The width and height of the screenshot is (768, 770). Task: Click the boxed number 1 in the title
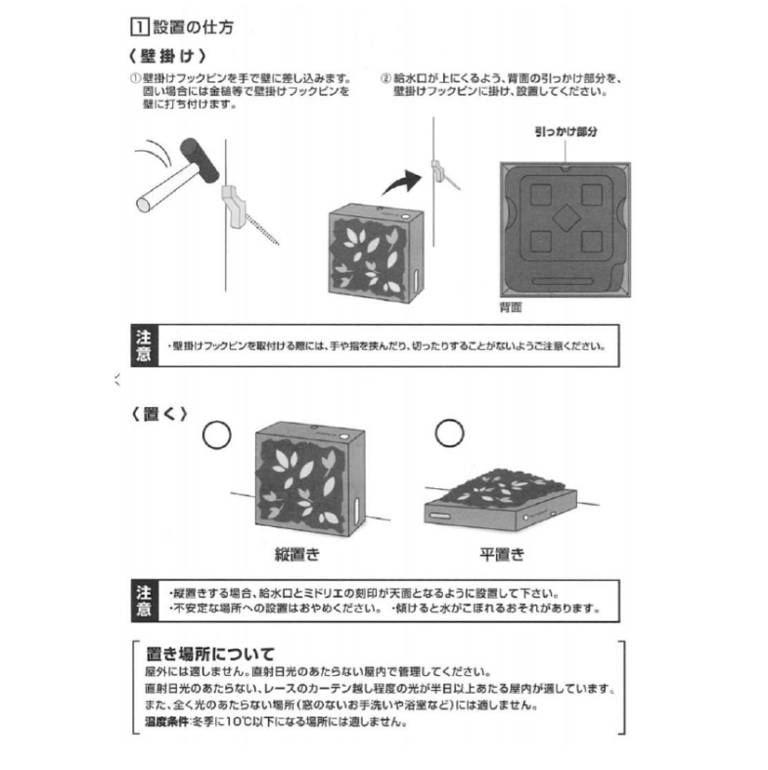pyautogui.click(x=140, y=26)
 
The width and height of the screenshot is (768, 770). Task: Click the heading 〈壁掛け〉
pyautogui.click(x=167, y=56)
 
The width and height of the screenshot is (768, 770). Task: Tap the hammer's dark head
pyautogui.click(x=200, y=159)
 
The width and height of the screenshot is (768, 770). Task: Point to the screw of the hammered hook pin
pyautogui.click(x=262, y=229)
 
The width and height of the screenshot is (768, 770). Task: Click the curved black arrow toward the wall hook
pyautogui.click(x=403, y=182)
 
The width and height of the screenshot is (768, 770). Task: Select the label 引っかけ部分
pyautogui.click(x=565, y=131)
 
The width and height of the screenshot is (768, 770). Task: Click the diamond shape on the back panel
pyautogui.click(x=566, y=218)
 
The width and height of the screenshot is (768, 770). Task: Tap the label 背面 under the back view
pyautogui.click(x=511, y=307)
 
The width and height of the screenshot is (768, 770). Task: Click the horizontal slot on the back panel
pyautogui.click(x=563, y=282)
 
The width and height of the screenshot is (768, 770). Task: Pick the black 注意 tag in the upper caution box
pyautogui.click(x=145, y=345)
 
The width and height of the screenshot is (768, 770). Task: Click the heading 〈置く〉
pyautogui.click(x=159, y=414)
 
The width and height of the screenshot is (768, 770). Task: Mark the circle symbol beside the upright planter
pyautogui.click(x=216, y=434)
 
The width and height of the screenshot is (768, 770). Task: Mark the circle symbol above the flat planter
pyautogui.click(x=449, y=432)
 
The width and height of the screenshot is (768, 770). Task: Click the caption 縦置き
pyautogui.click(x=297, y=555)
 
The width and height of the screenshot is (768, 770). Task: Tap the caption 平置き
pyautogui.click(x=502, y=555)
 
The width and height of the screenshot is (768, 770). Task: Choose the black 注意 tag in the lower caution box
pyautogui.click(x=145, y=601)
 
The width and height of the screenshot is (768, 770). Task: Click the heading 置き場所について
pyautogui.click(x=210, y=654)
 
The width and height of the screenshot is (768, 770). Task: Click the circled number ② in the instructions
pyautogui.click(x=386, y=78)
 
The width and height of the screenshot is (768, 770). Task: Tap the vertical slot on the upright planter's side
pyautogui.click(x=357, y=510)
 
